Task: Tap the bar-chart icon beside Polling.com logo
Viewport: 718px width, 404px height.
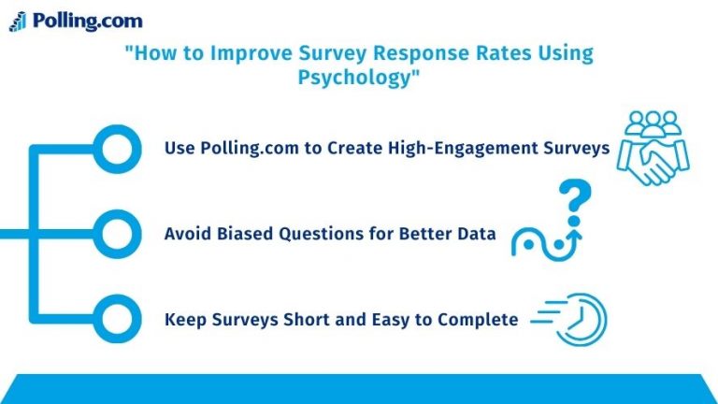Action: (17, 21)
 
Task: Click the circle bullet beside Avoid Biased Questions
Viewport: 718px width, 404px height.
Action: (118, 233)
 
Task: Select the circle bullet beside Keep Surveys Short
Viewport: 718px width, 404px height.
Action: (118, 319)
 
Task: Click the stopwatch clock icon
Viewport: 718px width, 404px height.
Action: (584, 319)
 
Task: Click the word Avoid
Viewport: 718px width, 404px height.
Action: (185, 234)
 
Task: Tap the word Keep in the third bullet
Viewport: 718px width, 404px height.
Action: (183, 319)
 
